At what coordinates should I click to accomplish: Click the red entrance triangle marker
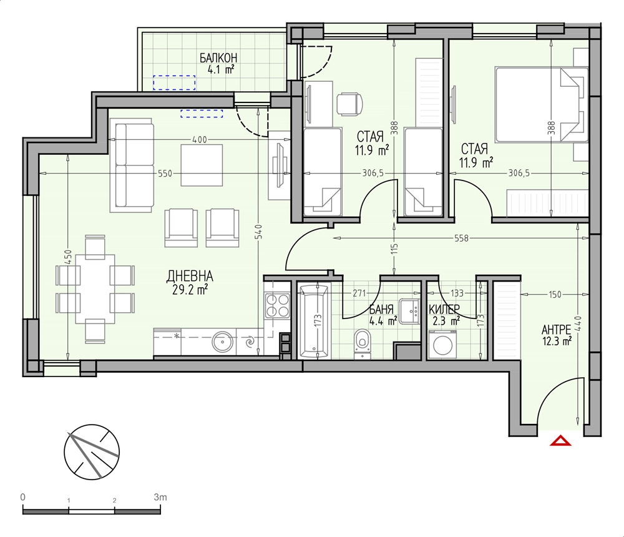[x=561, y=441]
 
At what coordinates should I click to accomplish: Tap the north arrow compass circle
[x=92, y=451]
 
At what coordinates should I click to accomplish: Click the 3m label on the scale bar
[x=160, y=497]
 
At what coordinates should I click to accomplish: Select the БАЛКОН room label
[x=218, y=58]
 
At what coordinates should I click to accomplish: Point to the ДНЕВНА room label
[x=190, y=275]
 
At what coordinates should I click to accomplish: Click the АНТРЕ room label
[x=557, y=330]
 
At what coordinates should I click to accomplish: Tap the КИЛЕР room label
[x=444, y=309]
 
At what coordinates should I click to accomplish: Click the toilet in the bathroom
[x=362, y=342]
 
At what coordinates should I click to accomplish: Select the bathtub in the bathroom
[x=314, y=321]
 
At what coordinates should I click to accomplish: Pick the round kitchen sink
[x=222, y=342]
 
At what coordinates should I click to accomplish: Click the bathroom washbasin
[x=410, y=311]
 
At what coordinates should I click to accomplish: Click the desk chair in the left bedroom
[x=350, y=104]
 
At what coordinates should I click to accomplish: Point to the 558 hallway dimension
[x=461, y=239]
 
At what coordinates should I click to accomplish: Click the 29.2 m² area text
[x=190, y=290]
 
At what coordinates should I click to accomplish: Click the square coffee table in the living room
[x=202, y=165]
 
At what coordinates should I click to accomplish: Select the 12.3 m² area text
[x=557, y=341]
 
